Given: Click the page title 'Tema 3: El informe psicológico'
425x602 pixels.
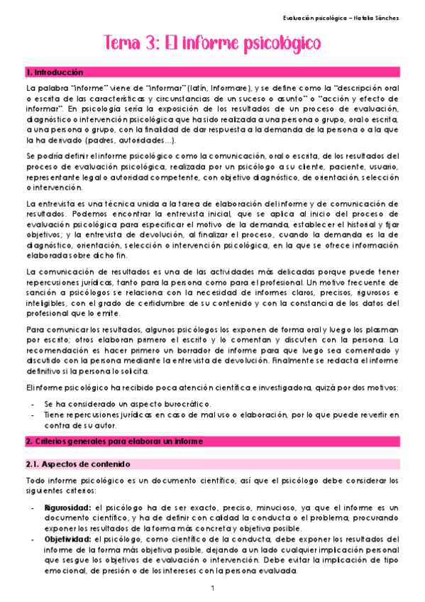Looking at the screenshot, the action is point(212,44).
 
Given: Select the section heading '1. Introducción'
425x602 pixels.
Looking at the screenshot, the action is point(55,73).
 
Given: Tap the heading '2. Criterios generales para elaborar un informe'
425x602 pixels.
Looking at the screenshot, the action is point(114,441).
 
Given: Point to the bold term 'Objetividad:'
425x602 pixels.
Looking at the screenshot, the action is point(67,539).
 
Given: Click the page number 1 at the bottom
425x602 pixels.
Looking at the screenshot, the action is point(212,589).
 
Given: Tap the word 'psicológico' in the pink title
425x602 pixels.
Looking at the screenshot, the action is point(280,45).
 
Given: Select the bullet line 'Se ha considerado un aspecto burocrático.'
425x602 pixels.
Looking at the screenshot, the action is point(121,403).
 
